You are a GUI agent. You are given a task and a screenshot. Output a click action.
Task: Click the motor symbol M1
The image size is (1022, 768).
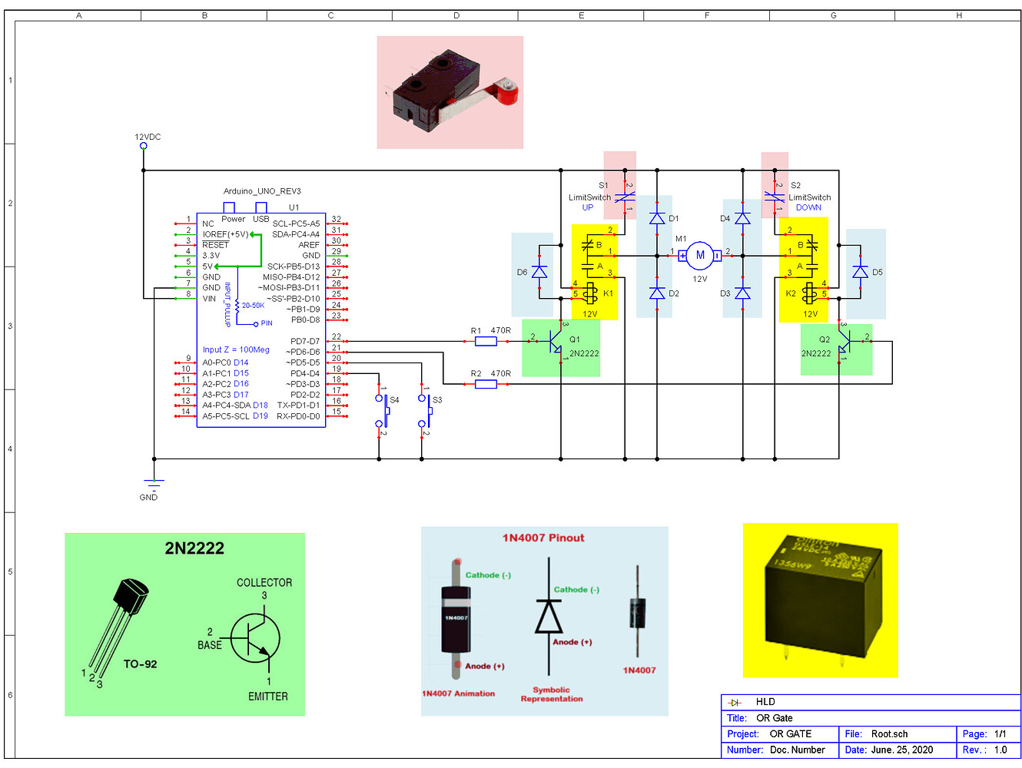[x=699, y=256]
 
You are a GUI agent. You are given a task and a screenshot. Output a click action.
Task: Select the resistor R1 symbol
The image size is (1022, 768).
[x=486, y=341]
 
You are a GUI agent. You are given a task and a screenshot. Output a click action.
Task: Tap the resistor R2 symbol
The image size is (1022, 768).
[x=486, y=384]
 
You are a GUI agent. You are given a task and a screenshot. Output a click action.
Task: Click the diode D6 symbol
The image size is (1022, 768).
[x=539, y=272]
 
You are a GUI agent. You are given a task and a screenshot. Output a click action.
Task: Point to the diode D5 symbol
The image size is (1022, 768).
[x=860, y=272]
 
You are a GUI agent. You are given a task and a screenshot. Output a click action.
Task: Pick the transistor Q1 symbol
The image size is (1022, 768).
[x=555, y=346]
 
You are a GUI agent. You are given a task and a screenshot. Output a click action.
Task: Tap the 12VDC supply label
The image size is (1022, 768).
[x=148, y=137]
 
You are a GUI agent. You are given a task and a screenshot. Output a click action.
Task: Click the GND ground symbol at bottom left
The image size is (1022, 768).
[x=154, y=484]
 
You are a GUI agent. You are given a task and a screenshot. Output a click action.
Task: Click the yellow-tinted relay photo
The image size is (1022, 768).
[x=820, y=601]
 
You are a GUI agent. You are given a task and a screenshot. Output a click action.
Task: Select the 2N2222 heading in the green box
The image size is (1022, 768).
[x=194, y=548]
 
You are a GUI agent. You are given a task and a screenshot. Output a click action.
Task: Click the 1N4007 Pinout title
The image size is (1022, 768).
[x=543, y=538]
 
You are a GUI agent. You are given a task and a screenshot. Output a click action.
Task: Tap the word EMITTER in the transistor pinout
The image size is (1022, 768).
[x=267, y=697]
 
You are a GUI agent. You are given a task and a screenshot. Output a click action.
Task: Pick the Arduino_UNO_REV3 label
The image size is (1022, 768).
[x=262, y=191]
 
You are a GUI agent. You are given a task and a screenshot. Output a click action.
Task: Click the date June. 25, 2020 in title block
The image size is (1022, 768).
[x=902, y=750]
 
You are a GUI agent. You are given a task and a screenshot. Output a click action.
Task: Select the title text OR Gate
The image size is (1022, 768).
[x=775, y=718]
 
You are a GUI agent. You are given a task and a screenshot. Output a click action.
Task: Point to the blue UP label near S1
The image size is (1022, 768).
[x=588, y=207]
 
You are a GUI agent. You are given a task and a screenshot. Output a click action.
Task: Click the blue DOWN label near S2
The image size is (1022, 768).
[x=808, y=207]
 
